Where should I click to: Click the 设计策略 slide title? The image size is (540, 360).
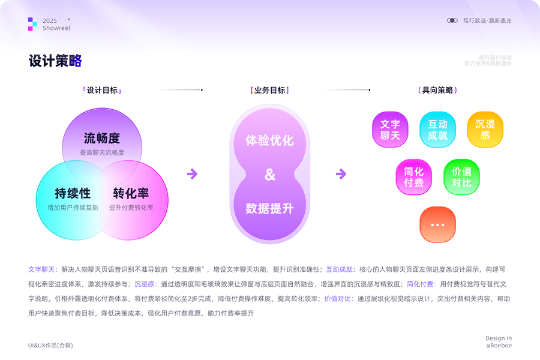pyautogui.click(x=55, y=61)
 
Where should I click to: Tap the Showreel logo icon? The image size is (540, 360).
pyautogui.click(x=32, y=24)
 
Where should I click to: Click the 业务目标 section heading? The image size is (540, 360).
pyautogui.click(x=269, y=91)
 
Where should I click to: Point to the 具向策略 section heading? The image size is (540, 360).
pyautogui.click(x=437, y=91)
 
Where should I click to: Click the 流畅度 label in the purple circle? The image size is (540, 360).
pyautogui.click(x=102, y=139)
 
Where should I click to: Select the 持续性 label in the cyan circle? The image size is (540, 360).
pyautogui.click(x=73, y=193)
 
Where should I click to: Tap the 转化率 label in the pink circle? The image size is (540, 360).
pyautogui.click(x=131, y=193)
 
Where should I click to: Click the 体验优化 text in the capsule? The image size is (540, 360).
pyautogui.click(x=269, y=140)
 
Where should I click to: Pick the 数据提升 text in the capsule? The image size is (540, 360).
pyautogui.click(x=269, y=208)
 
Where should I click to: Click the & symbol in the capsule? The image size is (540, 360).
pyautogui.click(x=269, y=175)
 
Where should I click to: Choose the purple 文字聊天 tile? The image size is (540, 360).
pyautogui.click(x=390, y=130)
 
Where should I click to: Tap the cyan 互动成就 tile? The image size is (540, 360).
pyautogui.click(x=437, y=130)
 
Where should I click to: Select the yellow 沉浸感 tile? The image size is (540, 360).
pyautogui.click(x=485, y=130)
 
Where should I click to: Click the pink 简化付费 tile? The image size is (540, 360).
pyautogui.click(x=413, y=177)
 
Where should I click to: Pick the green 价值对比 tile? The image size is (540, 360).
pyautogui.click(x=461, y=177)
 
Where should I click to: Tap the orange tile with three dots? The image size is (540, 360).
pyautogui.click(x=437, y=224)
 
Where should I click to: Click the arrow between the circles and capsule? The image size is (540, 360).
pyautogui.click(x=192, y=174)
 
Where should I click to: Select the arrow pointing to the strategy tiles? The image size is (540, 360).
pyautogui.click(x=341, y=174)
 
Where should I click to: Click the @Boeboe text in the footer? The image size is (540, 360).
pyautogui.click(x=499, y=346)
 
